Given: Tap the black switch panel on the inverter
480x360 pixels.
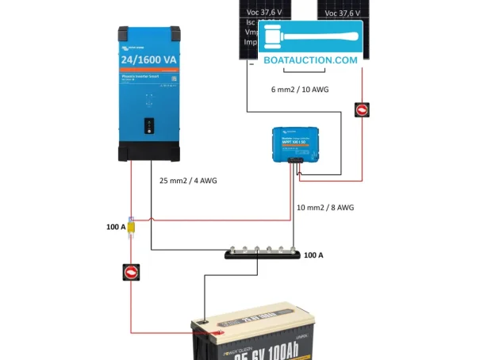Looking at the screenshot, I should click(x=148, y=125).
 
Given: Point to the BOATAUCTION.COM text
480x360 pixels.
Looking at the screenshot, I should click(x=309, y=60).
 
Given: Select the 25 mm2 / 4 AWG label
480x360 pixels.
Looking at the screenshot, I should click(x=188, y=181).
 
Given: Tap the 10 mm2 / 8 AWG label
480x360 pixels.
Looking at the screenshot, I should click(x=324, y=207).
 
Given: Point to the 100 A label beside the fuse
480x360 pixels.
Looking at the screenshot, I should click(x=116, y=228).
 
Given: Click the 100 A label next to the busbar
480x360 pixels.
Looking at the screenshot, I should click(x=313, y=255).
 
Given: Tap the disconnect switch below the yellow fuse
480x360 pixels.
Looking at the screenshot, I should click(x=132, y=272).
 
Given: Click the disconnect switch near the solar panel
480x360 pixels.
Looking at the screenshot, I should click(x=361, y=109).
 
